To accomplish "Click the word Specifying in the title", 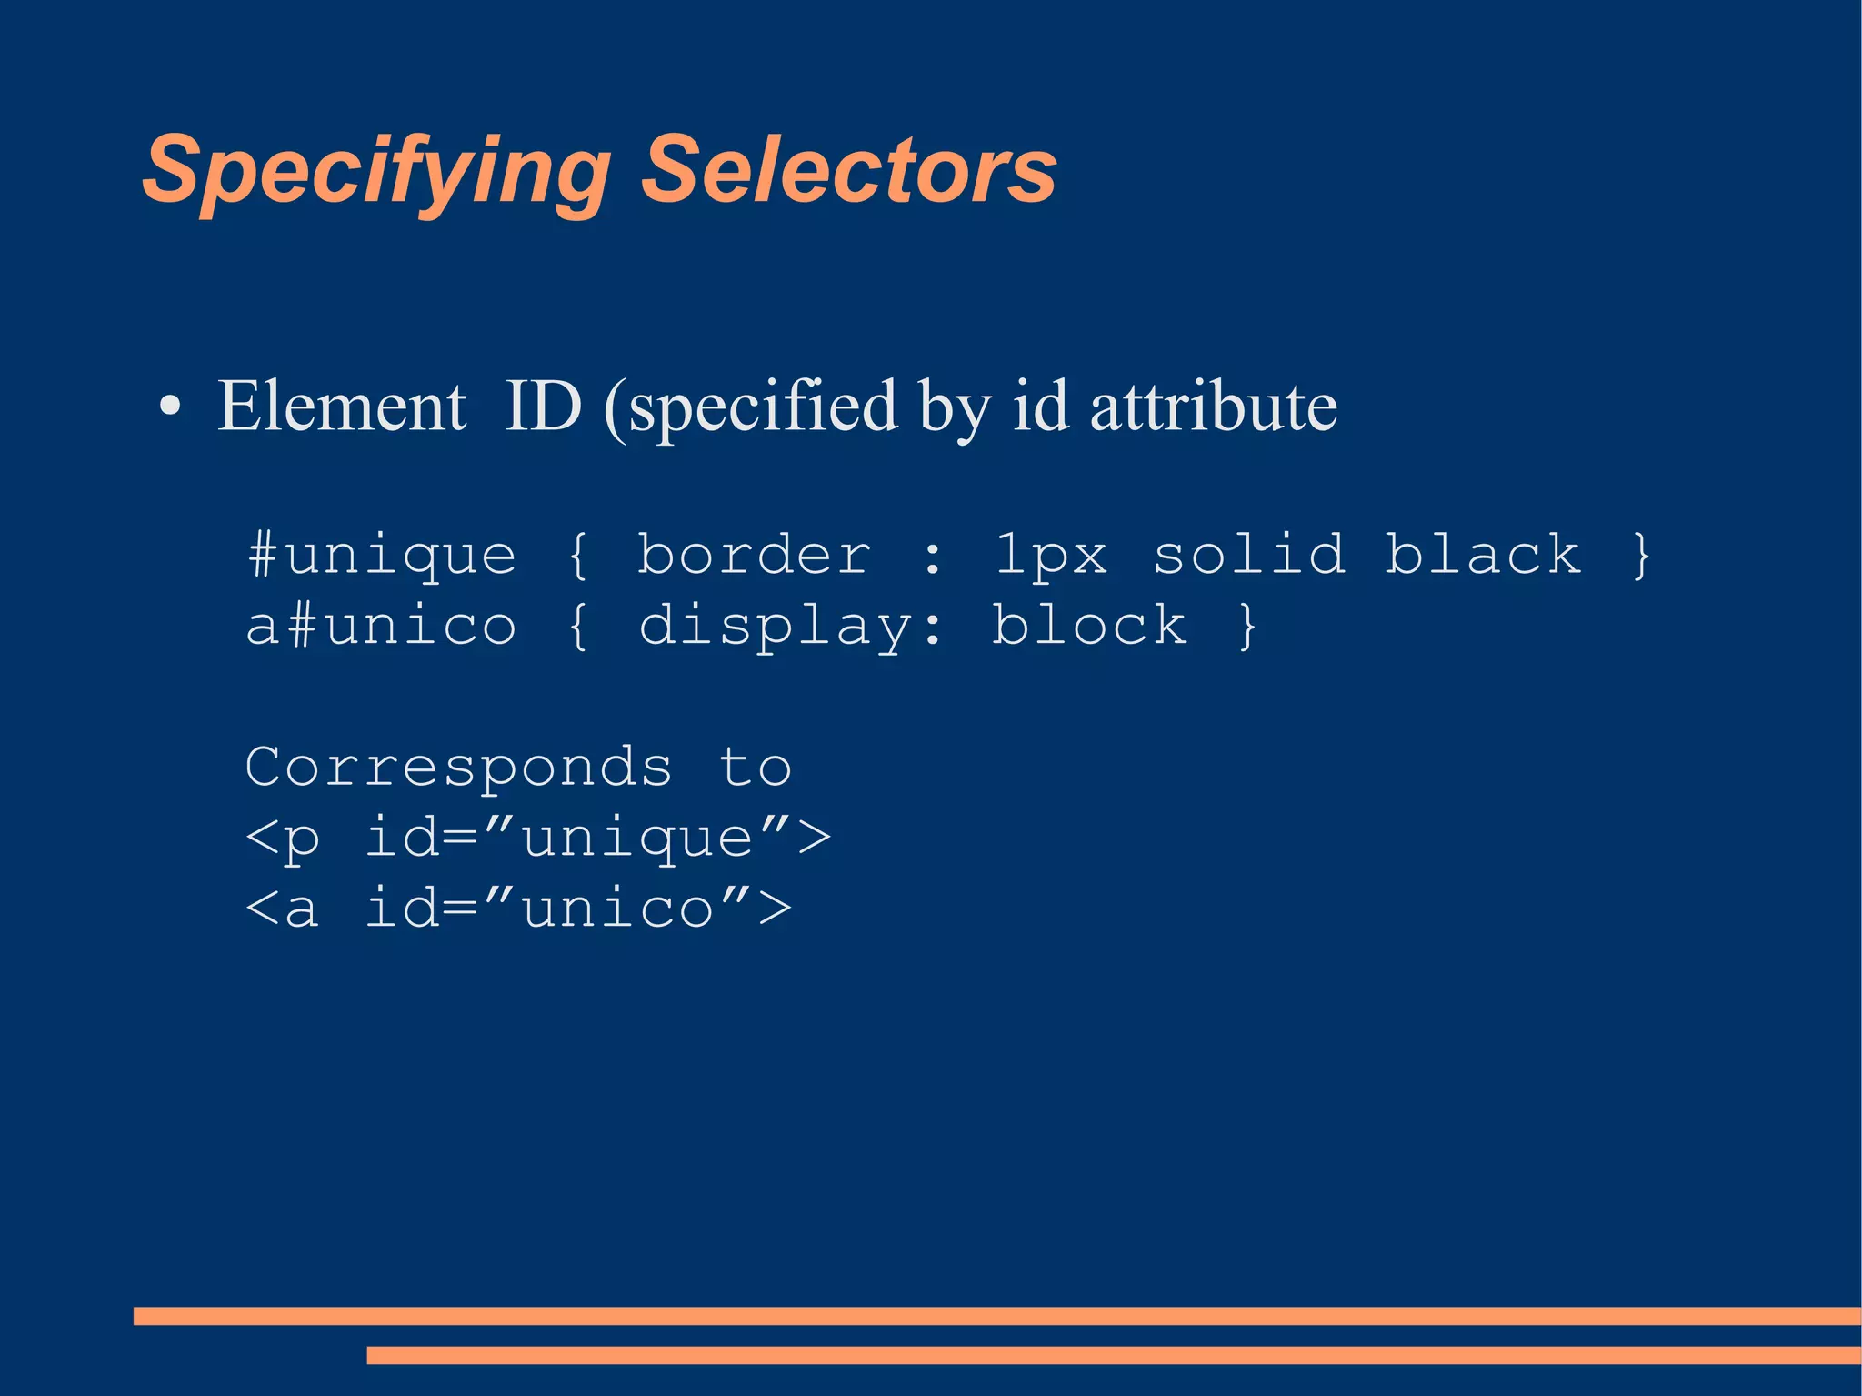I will (x=376, y=171).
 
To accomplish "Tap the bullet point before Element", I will (x=170, y=407).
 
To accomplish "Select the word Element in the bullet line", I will (x=342, y=406).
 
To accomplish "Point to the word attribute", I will (x=1213, y=406).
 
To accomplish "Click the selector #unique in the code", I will (x=382, y=555).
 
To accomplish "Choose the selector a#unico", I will (x=382, y=626).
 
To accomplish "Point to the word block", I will (x=1089, y=625).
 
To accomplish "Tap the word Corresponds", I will (x=459, y=767).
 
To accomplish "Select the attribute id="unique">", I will (x=597, y=838).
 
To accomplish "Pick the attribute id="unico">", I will (x=578, y=909).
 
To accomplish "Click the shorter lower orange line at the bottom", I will (x=1114, y=1355).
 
